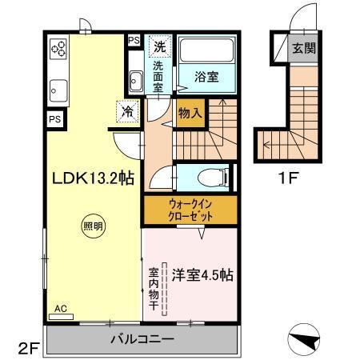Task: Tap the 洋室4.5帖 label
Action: click(202, 275)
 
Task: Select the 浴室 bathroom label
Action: click(207, 77)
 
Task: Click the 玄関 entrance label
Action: click(303, 47)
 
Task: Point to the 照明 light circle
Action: click(93, 226)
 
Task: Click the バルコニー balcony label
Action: click(142, 339)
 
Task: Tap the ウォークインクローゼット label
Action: click(190, 209)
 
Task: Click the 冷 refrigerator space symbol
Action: click(126, 112)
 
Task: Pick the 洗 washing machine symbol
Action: click(160, 46)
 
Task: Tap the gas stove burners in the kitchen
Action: click(58, 50)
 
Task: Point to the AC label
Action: click(61, 308)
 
